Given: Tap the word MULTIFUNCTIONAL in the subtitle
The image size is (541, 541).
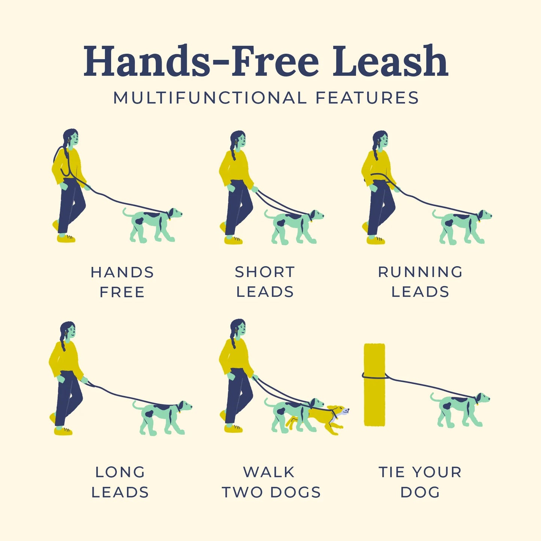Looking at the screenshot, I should (x=210, y=98).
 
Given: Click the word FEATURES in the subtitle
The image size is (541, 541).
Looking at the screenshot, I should (x=367, y=98).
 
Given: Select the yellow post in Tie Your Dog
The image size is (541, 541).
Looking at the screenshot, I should (x=374, y=385).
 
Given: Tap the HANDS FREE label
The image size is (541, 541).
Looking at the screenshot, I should (x=122, y=282).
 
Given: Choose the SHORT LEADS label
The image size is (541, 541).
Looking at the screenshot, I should (x=265, y=282).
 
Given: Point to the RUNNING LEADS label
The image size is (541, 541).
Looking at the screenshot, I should (x=420, y=282).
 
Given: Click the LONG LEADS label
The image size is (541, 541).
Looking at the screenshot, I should (x=120, y=482).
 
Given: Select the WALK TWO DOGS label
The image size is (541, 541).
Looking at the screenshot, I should (x=271, y=482).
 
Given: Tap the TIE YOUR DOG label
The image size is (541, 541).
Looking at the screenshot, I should (x=420, y=482).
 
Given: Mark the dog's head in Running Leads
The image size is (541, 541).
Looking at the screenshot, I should (x=484, y=216).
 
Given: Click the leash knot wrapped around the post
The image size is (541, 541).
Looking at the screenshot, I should (x=374, y=376).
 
